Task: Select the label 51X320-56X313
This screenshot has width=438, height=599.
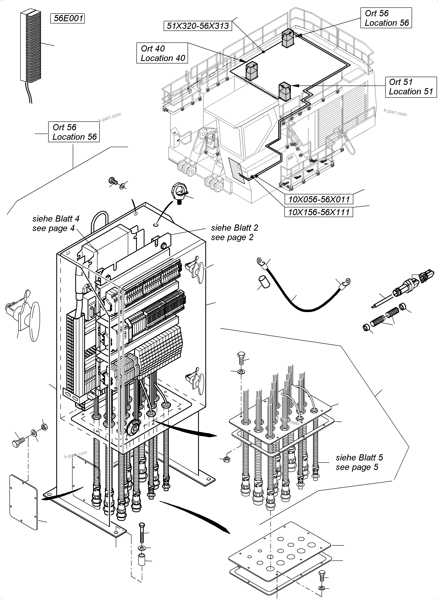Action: [198, 26]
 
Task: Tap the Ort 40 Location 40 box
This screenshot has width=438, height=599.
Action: [162, 53]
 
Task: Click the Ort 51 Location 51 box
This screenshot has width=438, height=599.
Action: [411, 87]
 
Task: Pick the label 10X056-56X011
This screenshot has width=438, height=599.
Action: [319, 199]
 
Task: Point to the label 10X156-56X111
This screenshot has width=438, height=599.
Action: [319, 212]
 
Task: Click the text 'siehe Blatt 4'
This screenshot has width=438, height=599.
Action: [56, 219]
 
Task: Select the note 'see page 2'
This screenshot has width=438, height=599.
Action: [232, 237]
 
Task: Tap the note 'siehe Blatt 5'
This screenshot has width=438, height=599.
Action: [359, 457]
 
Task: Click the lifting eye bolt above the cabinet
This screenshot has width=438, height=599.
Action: [179, 193]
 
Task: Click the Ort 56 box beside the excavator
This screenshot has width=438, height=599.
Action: [386, 18]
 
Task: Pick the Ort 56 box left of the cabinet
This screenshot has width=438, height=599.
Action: [74, 132]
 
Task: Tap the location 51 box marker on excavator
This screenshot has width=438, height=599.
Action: [284, 92]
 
